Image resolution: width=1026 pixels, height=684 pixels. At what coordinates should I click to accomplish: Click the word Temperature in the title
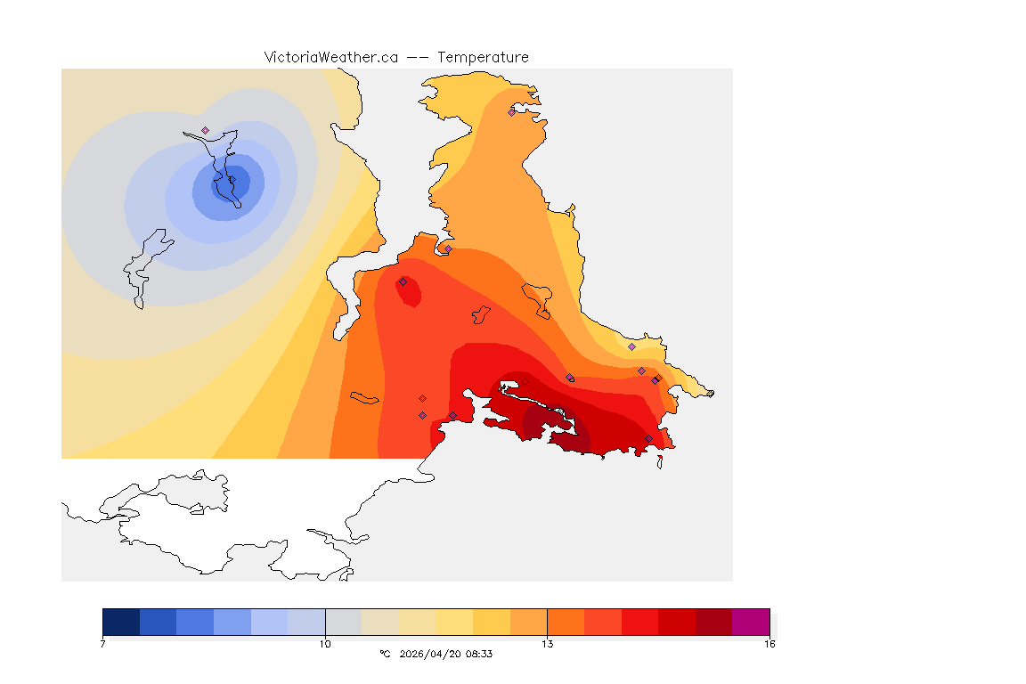pyautogui.click(x=483, y=57)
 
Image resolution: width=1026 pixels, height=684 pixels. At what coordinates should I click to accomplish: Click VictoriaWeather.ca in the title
pyautogui.click(x=330, y=57)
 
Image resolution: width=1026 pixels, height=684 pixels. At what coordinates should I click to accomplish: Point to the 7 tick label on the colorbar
pyautogui.click(x=103, y=643)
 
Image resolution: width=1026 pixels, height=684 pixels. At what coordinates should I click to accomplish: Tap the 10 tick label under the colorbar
pyautogui.click(x=325, y=643)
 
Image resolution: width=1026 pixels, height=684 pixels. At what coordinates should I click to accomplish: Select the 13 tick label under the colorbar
pyautogui.click(x=547, y=643)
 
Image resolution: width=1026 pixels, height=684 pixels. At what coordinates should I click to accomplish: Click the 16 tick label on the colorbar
pyautogui.click(x=769, y=643)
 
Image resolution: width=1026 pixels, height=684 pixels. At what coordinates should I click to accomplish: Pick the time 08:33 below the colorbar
pyautogui.click(x=479, y=654)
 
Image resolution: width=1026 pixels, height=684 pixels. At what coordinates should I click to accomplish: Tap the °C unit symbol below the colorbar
pyautogui.click(x=385, y=654)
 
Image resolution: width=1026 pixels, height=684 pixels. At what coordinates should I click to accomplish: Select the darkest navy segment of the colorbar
pyautogui.click(x=121, y=622)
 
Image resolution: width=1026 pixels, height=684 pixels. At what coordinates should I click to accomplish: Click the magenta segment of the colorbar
pyautogui.click(x=751, y=622)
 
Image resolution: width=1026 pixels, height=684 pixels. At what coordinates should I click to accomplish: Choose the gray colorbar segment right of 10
pyautogui.click(x=344, y=622)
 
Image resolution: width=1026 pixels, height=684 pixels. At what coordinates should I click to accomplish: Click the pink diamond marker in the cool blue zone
pyautogui.click(x=205, y=130)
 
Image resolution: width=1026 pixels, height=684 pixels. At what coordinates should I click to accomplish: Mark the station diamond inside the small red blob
pyautogui.click(x=403, y=281)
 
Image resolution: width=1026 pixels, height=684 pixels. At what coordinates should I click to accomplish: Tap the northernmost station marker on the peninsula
pyautogui.click(x=511, y=112)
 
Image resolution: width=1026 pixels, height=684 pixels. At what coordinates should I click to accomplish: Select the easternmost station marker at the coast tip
pyautogui.click(x=710, y=393)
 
